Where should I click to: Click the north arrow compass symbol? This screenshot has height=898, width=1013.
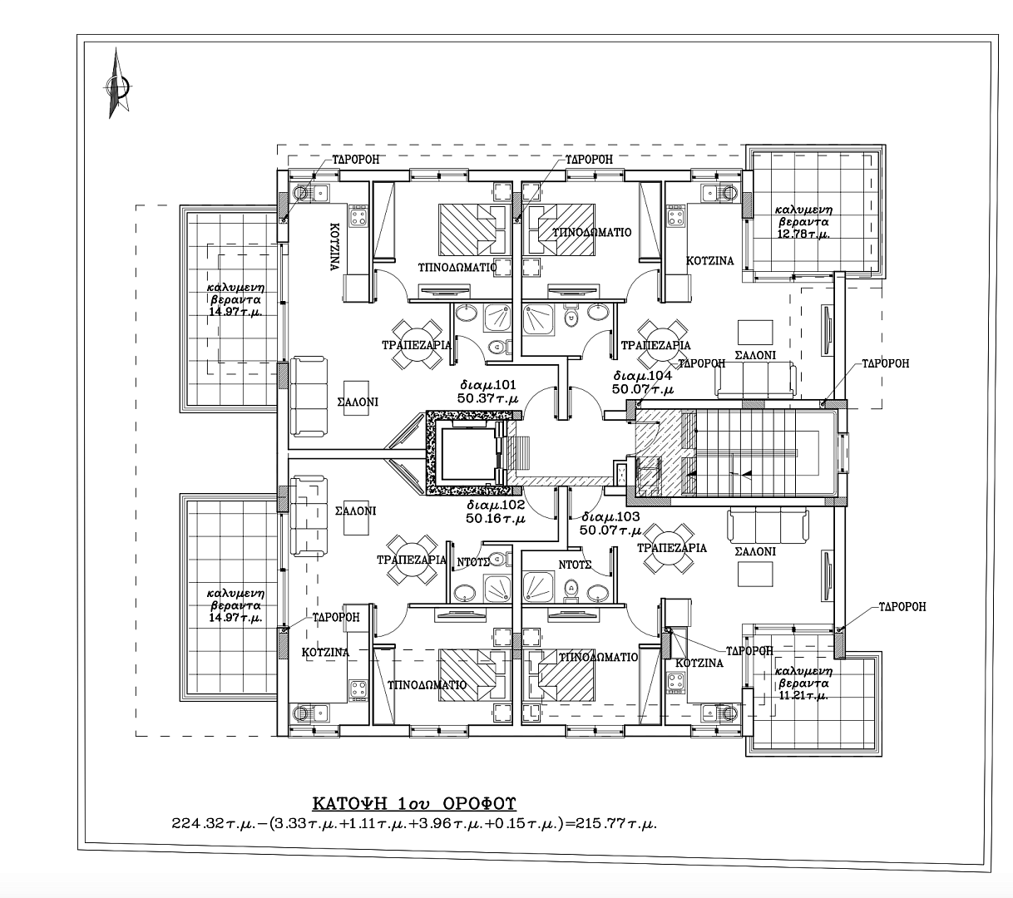[x=118, y=85]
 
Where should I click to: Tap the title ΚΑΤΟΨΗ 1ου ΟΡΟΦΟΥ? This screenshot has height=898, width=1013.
[x=414, y=803]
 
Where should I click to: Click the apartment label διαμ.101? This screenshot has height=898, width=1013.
[x=487, y=385]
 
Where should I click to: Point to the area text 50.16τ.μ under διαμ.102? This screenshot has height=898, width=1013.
[x=496, y=519]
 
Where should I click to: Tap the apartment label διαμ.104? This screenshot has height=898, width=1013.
[x=643, y=376]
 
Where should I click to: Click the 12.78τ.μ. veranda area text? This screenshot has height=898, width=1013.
[x=803, y=234]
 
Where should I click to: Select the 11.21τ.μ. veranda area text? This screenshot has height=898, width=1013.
[x=803, y=695]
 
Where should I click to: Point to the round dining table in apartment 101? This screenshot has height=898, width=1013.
[x=417, y=345]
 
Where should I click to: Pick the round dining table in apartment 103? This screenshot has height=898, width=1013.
[x=669, y=549]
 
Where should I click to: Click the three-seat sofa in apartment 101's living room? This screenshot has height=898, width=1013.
[x=309, y=396]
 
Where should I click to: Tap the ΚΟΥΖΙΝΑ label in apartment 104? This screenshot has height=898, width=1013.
[x=709, y=261]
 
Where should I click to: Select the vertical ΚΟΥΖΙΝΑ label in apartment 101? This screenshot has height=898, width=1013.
[x=334, y=247]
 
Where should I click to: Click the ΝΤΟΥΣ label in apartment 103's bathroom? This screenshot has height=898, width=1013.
[x=575, y=565]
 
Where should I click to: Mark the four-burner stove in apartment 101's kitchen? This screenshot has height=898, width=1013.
[x=358, y=216]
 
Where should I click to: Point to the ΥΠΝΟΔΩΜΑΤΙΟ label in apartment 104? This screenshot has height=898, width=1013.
[x=592, y=233]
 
